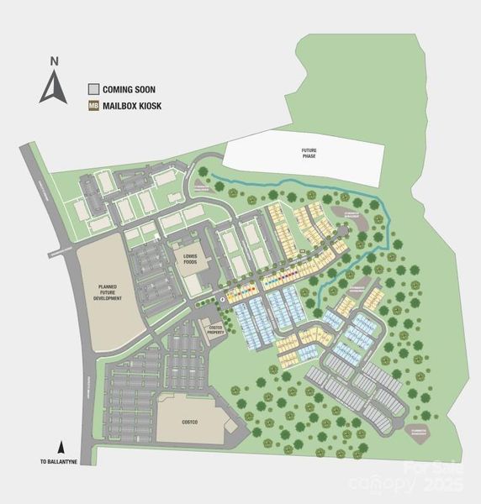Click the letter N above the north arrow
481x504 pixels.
point(54,60)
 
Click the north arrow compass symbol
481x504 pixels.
point(54,88)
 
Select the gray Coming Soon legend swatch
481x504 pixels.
point(94,89)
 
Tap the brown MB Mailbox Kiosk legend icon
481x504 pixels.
point(94,107)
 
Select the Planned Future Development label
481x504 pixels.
point(110,292)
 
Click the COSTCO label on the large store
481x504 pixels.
point(188,420)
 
